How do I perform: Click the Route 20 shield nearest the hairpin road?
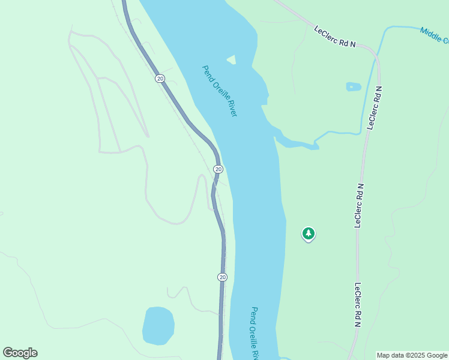(x=218, y=169)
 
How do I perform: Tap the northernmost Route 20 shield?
(x=160, y=79)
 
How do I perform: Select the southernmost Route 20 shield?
(x=222, y=277)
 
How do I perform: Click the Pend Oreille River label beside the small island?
(x=219, y=91)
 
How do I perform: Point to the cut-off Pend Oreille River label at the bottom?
(x=255, y=332)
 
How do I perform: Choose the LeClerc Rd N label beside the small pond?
(x=375, y=108)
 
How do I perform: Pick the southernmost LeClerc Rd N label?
(x=358, y=304)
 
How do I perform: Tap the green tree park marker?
(x=308, y=233)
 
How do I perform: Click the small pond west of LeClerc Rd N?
(x=354, y=86)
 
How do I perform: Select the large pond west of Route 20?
(x=158, y=326)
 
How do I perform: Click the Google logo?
(x=20, y=353)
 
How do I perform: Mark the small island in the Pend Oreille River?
(x=231, y=59)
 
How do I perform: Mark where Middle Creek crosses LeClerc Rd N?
(x=377, y=57)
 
